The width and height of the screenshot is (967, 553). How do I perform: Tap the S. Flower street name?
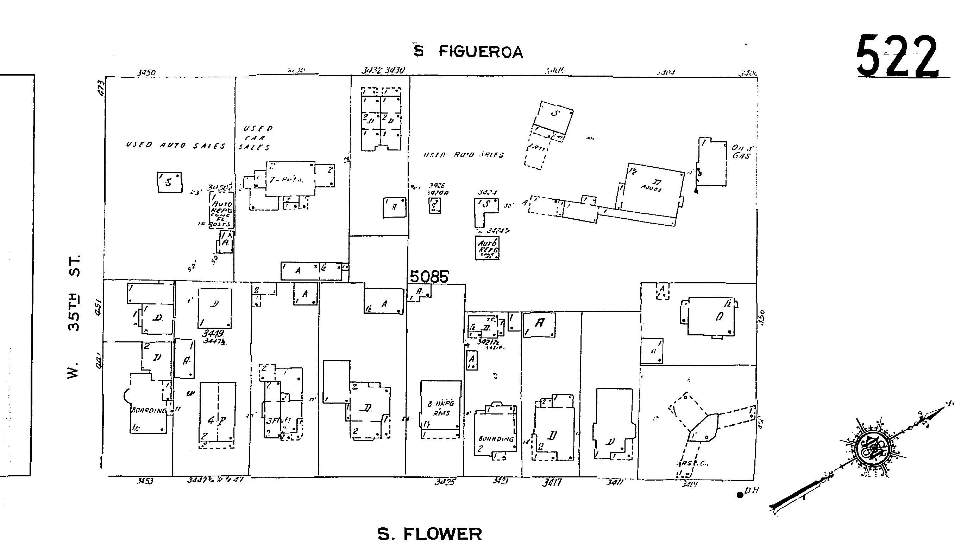pyautogui.click(x=429, y=534)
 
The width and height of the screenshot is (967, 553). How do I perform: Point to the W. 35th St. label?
pyautogui.click(x=74, y=316)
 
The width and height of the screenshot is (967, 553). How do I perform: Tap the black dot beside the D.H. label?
pyautogui.click(x=740, y=495)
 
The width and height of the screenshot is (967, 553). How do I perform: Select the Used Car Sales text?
pyautogui.click(x=255, y=138)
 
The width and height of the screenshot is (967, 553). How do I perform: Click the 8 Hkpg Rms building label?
pyautogui.click(x=441, y=408)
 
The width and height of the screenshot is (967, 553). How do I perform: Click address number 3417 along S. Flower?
pyautogui.click(x=551, y=483)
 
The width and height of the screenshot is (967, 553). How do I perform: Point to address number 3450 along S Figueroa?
pyautogui.click(x=146, y=72)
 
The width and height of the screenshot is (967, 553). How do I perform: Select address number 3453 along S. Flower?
pyautogui.click(x=145, y=481)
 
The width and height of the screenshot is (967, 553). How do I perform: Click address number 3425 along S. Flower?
pyautogui.click(x=445, y=482)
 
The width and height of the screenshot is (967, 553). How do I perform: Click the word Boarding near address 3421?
pyautogui.click(x=496, y=439)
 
